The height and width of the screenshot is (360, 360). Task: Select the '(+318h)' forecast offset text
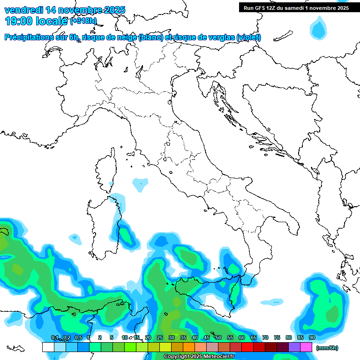(x=83, y=21)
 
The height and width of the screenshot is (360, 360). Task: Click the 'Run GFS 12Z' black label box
(x=295, y=7)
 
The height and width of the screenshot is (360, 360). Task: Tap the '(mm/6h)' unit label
(x=327, y=348)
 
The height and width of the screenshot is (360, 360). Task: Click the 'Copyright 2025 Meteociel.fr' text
(x=199, y=357)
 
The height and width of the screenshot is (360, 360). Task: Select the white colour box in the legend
(x=48, y=347)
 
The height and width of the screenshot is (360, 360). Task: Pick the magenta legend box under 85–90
(x=306, y=347)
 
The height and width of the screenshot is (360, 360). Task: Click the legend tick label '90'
(x=312, y=338)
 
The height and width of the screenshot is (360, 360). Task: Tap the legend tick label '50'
(x=218, y=338)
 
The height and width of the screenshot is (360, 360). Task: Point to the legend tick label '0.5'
(x=78, y=338)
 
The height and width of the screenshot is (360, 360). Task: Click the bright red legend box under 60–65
(x=247, y=347)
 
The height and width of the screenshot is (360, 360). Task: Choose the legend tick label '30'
(x=172, y=338)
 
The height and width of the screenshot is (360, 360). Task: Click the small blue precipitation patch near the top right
(x=320, y=29)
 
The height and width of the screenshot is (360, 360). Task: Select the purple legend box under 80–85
(x=294, y=347)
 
